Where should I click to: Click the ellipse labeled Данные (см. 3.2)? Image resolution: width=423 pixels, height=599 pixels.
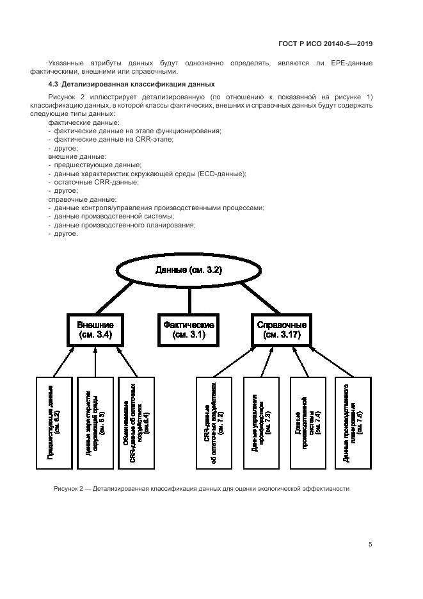point(188,270)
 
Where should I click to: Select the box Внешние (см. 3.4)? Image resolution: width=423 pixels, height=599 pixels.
point(95,329)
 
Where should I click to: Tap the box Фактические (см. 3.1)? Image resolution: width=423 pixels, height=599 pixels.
point(189,329)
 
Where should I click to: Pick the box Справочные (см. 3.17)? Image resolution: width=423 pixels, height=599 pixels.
point(282,329)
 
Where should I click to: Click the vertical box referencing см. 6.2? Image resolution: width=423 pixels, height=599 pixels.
point(54,422)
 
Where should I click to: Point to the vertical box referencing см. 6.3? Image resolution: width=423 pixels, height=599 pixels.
point(95,422)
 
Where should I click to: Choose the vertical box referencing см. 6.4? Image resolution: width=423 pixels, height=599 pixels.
point(136,422)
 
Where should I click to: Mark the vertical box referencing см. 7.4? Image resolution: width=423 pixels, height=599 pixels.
point(306,422)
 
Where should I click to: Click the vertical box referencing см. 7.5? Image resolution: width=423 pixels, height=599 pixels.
point(351,422)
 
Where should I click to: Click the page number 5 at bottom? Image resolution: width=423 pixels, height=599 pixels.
point(371,545)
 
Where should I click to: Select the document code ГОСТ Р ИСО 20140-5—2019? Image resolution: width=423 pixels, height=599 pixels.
point(325,44)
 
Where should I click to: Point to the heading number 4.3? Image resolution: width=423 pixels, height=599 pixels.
point(54,85)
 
